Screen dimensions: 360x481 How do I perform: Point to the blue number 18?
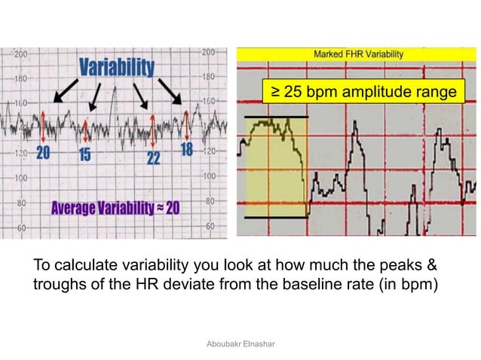186,150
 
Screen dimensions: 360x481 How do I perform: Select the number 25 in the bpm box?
290,92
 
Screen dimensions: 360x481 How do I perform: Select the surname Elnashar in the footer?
261,343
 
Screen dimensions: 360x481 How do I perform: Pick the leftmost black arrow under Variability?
65,91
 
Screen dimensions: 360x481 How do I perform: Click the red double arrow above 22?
153,130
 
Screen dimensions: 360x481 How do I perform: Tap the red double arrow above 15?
87,130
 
